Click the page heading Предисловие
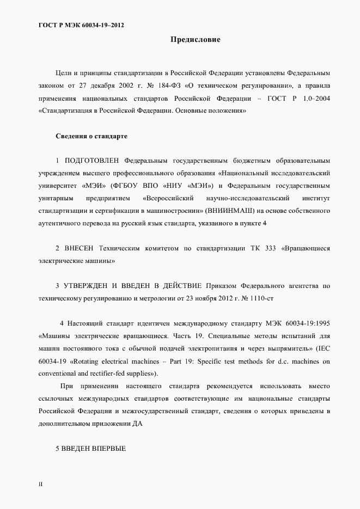[x=195, y=40]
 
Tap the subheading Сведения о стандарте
[x=91, y=136]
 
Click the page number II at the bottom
[x=41, y=483]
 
